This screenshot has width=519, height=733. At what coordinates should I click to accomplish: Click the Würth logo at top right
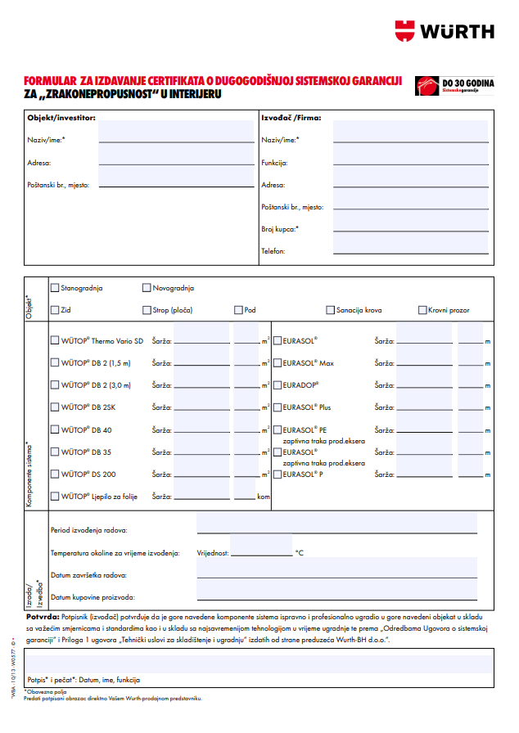(x=445, y=31)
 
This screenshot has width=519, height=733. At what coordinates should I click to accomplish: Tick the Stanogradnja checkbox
(x=55, y=288)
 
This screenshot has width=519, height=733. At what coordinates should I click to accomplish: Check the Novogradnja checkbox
(x=147, y=288)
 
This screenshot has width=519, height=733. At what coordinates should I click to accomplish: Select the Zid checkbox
(x=55, y=310)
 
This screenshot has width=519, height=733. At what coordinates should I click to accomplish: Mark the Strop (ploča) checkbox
(x=147, y=310)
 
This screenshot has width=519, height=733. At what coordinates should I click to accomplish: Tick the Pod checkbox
(x=239, y=310)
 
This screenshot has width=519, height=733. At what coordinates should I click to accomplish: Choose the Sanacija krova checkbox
(x=330, y=310)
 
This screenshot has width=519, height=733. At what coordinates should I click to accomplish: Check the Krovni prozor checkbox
(x=422, y=310)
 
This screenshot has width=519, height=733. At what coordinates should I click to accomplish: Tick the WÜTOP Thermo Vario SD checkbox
(x=55, y=340)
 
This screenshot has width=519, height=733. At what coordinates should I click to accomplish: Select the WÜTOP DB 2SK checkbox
(x=55, y=407)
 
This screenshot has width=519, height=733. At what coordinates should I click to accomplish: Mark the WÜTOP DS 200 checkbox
(x=55, y=474)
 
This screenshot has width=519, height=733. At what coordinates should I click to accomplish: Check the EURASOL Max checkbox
(x=278, y=362)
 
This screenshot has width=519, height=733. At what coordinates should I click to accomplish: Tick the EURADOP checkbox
(x=278, y=384)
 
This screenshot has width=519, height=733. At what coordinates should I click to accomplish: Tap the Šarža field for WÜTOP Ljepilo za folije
(x=201, y=495)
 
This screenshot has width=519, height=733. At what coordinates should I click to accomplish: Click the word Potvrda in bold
(x=43, y=615)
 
